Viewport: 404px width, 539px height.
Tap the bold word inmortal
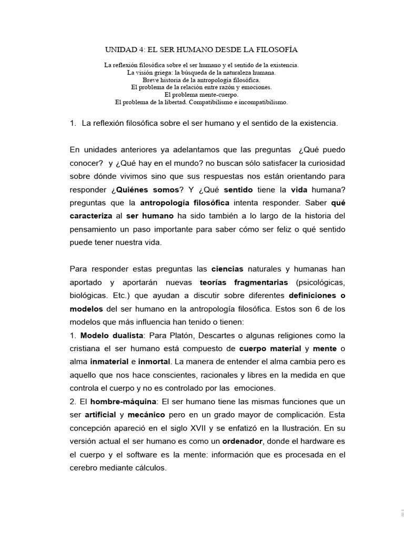point(156,363)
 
